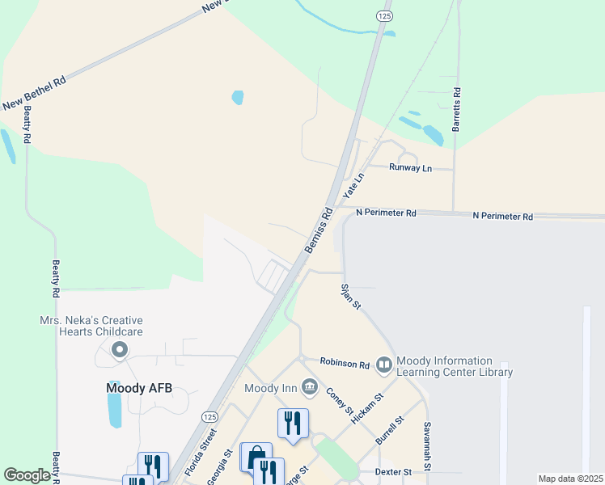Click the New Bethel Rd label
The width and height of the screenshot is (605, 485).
(34, 93)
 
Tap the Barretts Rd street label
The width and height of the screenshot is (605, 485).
(457, 109)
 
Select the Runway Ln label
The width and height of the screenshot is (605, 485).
(411, 168)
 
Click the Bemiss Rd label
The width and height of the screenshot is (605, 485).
(319, 230)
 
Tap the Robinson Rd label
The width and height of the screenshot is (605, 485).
(345, 363)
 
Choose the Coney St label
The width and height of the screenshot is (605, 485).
(340, 402)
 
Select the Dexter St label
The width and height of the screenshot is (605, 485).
(395, 471)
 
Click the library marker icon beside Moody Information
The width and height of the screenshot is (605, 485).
(383, 366)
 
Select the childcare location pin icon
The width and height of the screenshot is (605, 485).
(120, 350)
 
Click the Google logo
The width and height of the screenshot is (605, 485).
(27, 475)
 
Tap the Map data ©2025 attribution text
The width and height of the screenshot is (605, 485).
(569, 479)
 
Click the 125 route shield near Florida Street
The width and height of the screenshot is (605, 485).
(209, 416)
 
